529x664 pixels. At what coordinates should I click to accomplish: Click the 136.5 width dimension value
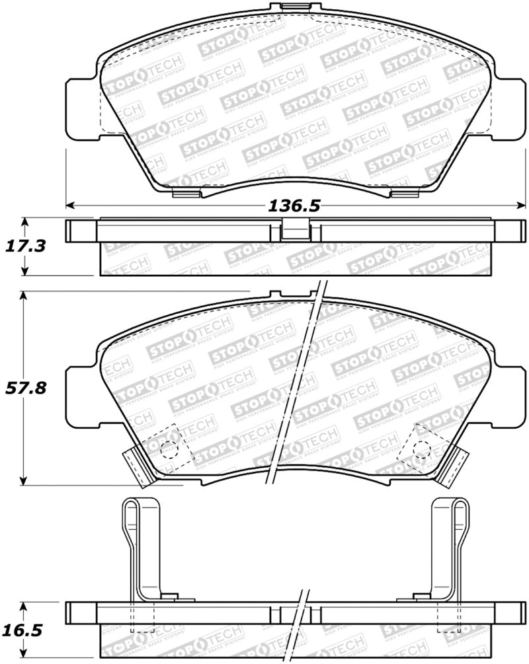294,205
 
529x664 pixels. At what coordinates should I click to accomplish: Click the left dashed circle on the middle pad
169,449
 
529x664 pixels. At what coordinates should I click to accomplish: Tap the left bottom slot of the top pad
184,194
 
